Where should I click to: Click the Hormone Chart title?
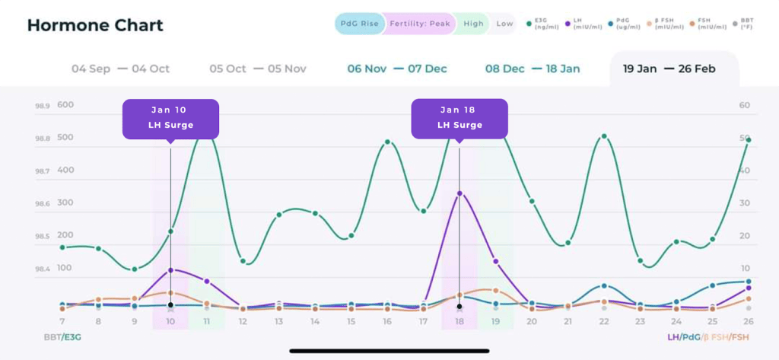[95, 25]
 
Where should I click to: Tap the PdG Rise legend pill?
[358, 24]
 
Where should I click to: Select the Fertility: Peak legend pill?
[419, 24]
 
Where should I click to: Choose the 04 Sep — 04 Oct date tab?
[120, 68]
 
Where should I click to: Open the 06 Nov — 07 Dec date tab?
[397, 68]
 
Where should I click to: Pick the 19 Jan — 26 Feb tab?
[669, 68]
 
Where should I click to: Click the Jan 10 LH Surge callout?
[170, 119]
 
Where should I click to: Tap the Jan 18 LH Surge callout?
[459, 119]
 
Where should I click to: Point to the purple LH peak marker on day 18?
[459, 193]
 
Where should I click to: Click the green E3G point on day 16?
[387, 142]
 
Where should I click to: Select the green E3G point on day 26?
[749, 140]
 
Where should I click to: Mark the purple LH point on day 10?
[170, 270]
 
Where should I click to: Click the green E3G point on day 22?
[604, 136]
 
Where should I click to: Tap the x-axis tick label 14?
[315, 322]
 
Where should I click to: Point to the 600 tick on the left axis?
[65, 105]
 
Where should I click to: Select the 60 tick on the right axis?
[745, 105]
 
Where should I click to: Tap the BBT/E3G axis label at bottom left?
[63, 337]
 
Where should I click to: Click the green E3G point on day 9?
[135, 269]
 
